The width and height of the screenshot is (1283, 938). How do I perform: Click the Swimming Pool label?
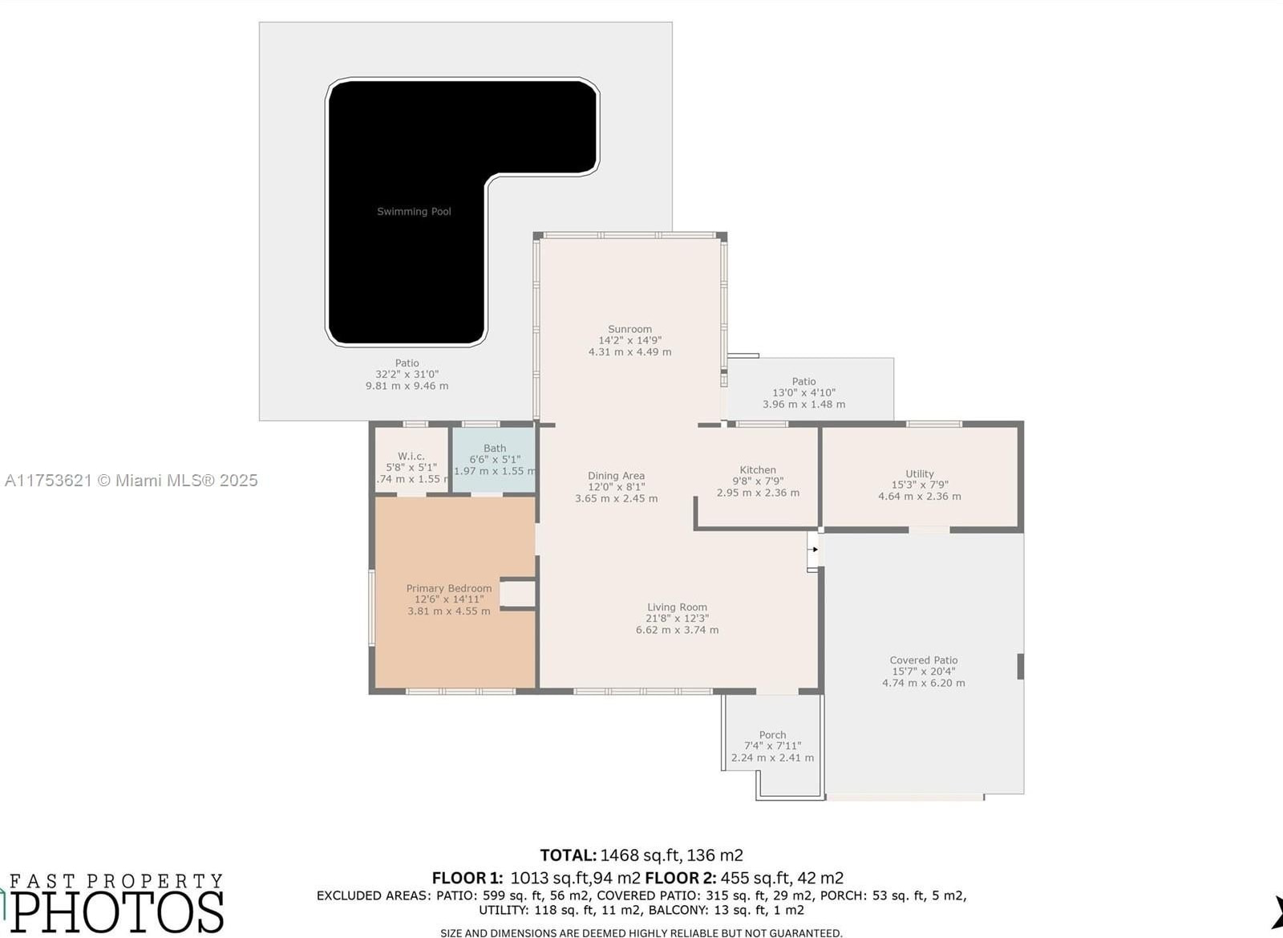(414, 212)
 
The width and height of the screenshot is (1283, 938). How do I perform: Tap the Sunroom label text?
(629, 329)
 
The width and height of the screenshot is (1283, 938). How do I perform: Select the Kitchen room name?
(757, 470)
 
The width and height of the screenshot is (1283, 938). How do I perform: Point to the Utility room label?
(919, 474)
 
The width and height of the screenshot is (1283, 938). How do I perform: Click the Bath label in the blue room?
(494, 448)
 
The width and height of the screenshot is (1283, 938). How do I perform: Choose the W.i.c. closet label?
(411, 456)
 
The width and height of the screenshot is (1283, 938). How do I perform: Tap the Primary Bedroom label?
(448, 588)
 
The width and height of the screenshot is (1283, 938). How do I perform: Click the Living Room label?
(677, 607)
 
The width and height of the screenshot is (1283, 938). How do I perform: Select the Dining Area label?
(616, 476)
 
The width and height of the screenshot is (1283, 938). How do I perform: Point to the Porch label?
(772, 734)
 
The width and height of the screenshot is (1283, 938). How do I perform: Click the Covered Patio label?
(923, 660)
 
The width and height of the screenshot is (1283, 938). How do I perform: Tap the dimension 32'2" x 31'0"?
(407, 374)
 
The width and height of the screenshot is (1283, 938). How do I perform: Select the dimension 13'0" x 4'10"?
(803, 392)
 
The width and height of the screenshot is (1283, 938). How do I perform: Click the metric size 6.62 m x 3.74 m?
(677, 630)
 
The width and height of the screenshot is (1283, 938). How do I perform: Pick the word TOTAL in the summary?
(569, 855)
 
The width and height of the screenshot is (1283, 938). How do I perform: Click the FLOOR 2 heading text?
(682, 878)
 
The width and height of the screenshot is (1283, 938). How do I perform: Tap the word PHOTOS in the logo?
(117, 913)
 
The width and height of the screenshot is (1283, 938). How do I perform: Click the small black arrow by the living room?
(815, 550)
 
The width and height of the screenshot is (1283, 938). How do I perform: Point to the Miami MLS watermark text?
(131, 480)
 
